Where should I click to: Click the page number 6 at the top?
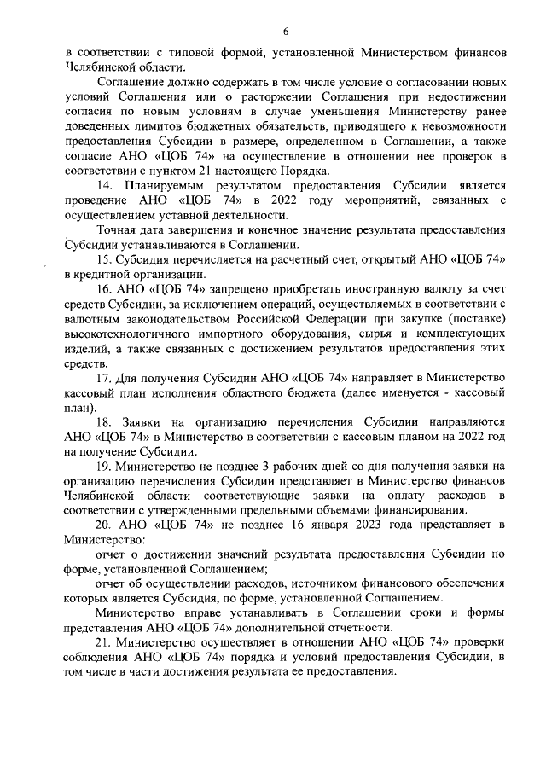click(x=284, y=31)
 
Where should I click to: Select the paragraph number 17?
click(x=103, y=378)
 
